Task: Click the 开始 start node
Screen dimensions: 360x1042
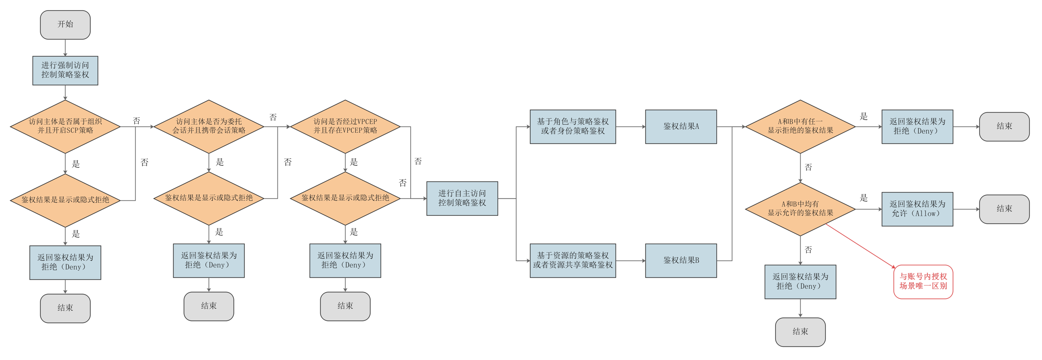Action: (x=65, y=25)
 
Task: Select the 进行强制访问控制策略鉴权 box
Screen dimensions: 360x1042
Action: (x=65, y=70)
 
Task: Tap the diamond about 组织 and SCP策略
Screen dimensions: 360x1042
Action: (x=65, y=127)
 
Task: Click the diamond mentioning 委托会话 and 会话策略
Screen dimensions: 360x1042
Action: (x=209, y=127)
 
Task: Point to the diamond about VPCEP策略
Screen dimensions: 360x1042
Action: (x=345, y=127)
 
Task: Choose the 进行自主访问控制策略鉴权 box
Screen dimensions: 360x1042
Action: (x=462, y=198)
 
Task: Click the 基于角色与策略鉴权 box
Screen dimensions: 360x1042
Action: (x=572, y=127)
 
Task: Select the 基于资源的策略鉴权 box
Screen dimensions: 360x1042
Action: (x=572, y=261)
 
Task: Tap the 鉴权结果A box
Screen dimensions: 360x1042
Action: (x=681, y=127)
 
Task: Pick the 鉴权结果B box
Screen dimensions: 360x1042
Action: (x=681, y=261)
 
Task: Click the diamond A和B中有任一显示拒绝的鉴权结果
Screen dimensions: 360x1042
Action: (x=800, y=127)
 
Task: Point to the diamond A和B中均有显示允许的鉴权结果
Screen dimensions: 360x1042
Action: (x=800, y=209)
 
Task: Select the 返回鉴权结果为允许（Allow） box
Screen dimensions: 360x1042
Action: (x=917, y=209)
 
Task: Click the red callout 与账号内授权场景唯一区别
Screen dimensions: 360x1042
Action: (x=923, y=282)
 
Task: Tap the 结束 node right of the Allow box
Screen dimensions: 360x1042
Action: (x=1004, y=209)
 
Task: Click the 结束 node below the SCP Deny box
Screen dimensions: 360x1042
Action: (x=65, y=308)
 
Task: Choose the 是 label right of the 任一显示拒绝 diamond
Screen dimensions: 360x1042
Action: (x=863, y=116)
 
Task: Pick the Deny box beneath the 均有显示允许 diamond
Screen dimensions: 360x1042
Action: (x=800, y=282)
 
